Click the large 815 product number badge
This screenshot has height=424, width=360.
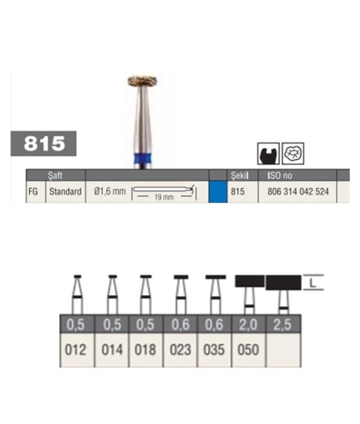tap(43, 143)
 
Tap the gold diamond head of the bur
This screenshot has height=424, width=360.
tap(142, 81)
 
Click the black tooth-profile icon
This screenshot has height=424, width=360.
tap(268, 154)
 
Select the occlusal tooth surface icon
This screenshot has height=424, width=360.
tap(293, 154)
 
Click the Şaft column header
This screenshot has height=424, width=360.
tap(55, 176)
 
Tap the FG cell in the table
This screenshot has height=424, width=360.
tap(33, 191)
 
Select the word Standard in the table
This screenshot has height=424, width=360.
tap(65, 191)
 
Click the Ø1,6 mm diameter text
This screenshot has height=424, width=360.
tap(110, 191)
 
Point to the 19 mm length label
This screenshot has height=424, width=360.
tap(164, 197)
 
